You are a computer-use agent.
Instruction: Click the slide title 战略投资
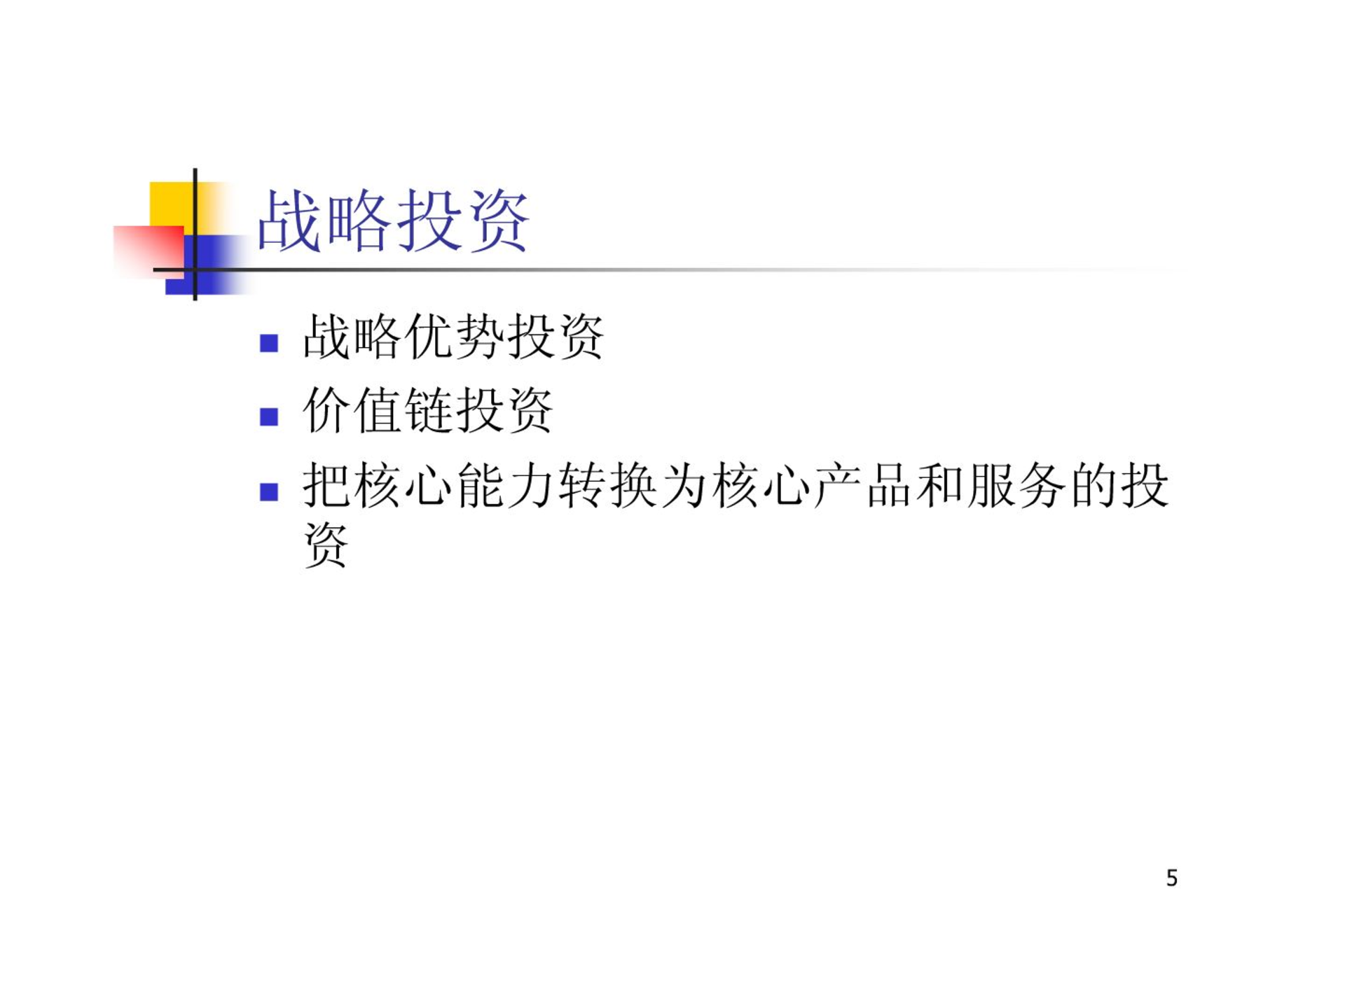[x=393, y=220]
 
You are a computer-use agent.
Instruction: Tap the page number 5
[x=1172, y=878]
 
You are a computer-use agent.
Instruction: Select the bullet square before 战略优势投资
[x=269, y=342]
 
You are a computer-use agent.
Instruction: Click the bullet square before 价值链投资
[x=269, y=416]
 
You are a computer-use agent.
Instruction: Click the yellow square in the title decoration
[x=172, y=204]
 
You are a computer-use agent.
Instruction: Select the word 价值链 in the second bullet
[x=378, y=410]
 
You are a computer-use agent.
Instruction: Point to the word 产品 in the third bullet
[x=863, y=485]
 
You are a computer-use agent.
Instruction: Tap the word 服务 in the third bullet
[x=1016, y=485]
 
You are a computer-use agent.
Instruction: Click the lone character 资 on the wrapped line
[x=326, y=544]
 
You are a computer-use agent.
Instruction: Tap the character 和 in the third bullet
[x=939, y=485]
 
